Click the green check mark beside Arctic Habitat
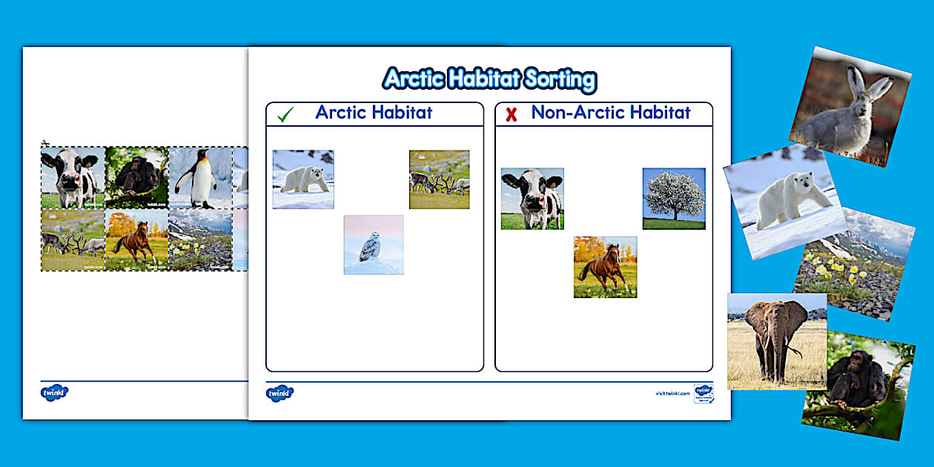point(285,115)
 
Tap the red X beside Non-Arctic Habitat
point(511,115)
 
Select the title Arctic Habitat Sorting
point(489,79)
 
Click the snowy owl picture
point(374,245)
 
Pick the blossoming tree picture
point(674,198)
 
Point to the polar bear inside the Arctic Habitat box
point(303,179)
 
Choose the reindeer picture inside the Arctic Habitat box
point(439,179)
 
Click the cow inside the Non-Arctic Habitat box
point(532,199)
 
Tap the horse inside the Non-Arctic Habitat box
point(605,267)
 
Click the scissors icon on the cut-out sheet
point(45,144)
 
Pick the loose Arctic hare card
point(849,106)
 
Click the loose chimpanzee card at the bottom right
point(858,384)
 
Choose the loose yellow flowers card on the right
point(856,266)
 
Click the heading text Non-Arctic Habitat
point(611,113)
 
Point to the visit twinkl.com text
point(672,394)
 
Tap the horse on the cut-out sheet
point(136,239)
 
